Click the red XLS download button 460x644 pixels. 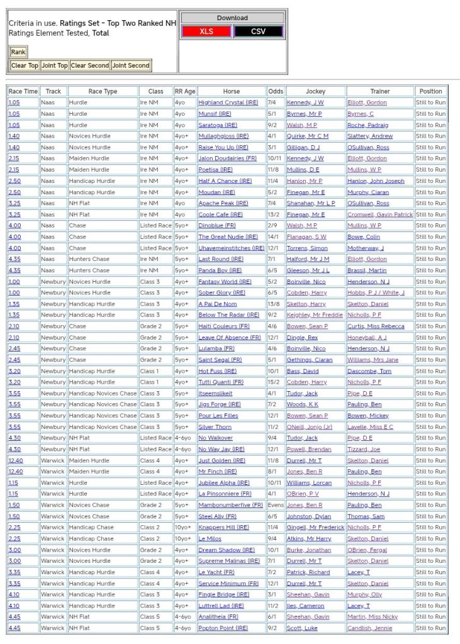pyautogui.click(x=206, y=31)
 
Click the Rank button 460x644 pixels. pyautogui.click(x=18, y=52)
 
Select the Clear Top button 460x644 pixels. pyautogui.click(x=25, y=65)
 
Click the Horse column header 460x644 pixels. pyautogui.click(x=231, y=91)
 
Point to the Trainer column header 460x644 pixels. pyautogui.click(x=379, y=91)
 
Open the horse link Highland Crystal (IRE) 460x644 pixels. pyautogui.click(x=228, y=103)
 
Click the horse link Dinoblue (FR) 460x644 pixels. pyautogui.click(x=217, y=226)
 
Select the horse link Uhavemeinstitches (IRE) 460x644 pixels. pyautogui.click(x=231, y=248)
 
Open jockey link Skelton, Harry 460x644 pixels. pyautogui.click(x=306, y=304)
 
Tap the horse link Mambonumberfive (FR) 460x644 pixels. pyautogui.click(x=230, y=505)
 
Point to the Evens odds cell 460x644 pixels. pyautogui.click(x=275, y=505)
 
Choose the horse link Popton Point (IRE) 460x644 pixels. pyautogui.click(x=223, y=628)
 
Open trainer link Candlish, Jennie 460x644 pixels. pyautogui.click(x=369, y=628)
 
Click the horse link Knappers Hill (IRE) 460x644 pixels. pyautogui.click(x=223, y=528)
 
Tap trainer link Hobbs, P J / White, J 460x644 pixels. pyautogui.click(x=376, y=292)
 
